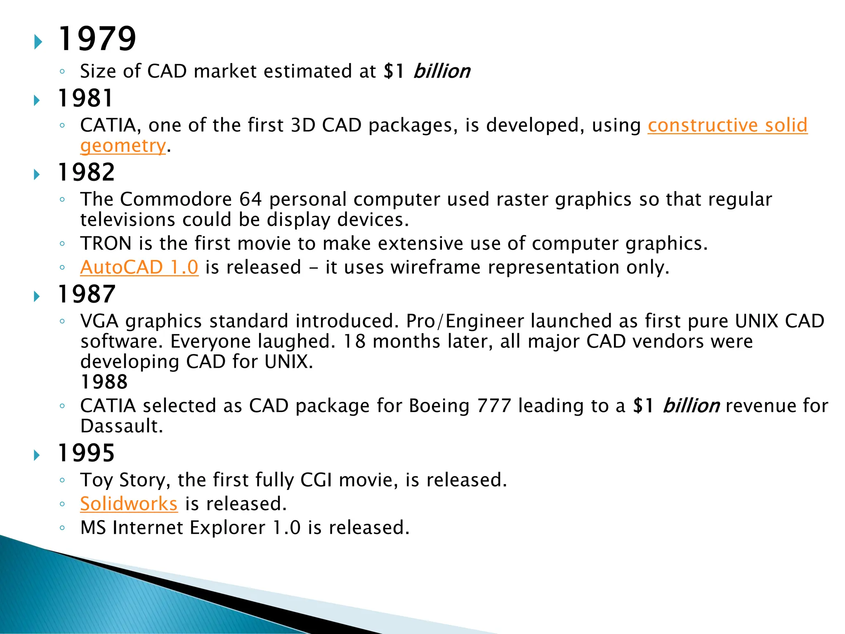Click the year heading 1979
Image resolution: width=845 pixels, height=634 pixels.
(97, 39)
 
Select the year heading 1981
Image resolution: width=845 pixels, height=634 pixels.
(85, 99)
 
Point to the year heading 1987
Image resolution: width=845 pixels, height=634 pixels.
(86, 294)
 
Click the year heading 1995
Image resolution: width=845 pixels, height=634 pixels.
(86, 453)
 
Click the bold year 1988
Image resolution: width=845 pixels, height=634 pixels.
(104, 382)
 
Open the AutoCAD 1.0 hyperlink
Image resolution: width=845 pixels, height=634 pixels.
(139, 267)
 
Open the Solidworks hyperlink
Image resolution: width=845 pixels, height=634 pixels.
(129, 504)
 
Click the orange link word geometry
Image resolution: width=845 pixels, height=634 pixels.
(123, 146)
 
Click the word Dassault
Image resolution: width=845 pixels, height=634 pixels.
(121, 426)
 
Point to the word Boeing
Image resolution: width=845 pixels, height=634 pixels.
(439, 406)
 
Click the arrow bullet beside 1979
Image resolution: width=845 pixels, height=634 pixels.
(38, 42)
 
